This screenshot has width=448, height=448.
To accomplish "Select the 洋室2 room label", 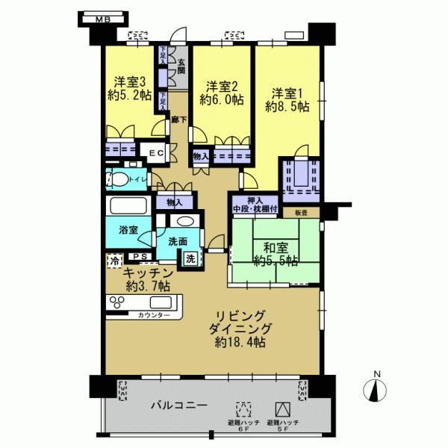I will [222, 85].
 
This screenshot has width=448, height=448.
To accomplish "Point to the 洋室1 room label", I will [287, 93].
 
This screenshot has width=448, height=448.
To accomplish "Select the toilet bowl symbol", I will [117, 180].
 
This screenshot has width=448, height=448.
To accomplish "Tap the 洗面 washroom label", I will [177, 241].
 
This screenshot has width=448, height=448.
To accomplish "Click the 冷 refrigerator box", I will [114, 261].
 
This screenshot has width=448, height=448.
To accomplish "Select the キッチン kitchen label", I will [149, 273].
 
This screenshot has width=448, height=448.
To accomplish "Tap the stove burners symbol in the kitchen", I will [118, 303].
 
